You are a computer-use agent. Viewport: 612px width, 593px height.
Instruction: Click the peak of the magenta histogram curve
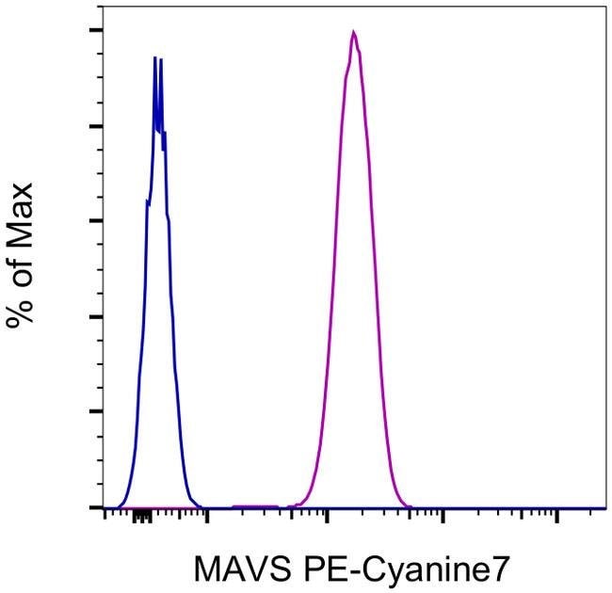click(x=353, y=32)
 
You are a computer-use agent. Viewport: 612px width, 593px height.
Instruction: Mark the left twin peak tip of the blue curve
click(x=155, y=58)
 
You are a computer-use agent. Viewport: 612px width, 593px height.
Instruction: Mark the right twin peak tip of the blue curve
click(x=162, y=59)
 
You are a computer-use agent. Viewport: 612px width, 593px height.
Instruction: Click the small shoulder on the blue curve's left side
click(x=147, y=200)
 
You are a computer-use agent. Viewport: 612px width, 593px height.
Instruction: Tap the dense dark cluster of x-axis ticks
click(x=142, y=516)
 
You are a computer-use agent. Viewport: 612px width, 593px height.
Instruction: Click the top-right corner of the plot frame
click(x=604, y=7)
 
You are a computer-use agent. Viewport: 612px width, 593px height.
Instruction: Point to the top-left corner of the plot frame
click(x=103, y=7)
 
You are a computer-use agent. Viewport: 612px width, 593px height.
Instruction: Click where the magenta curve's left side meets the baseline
click(x=294, y=506)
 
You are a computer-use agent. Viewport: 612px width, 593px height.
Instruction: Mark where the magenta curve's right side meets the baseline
click(x=411, y=506)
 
